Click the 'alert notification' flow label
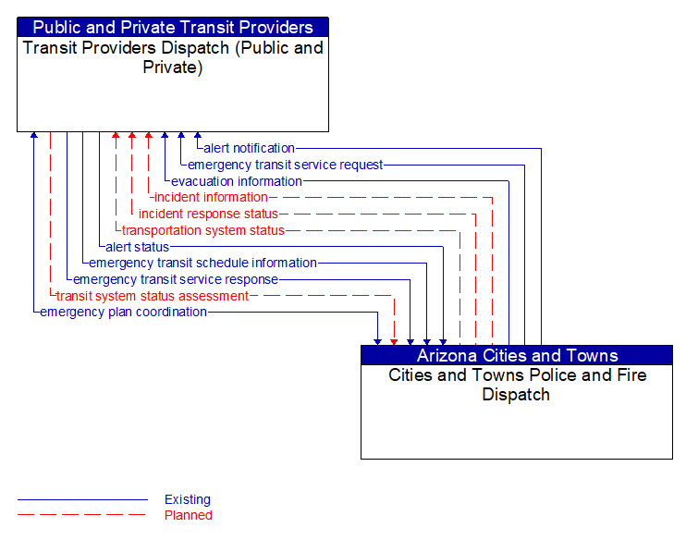coord(249,148)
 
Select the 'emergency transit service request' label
coord(285,165)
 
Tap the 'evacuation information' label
coord(237,181)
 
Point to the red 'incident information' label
coord(211,197)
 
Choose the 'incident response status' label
coord(208,214)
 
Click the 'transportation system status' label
coord(203,230)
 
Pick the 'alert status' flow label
coord(137,247)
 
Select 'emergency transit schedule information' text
coord(202,263)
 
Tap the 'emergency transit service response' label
coord(176,279)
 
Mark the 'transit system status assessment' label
coord(153,296)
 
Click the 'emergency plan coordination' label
coord(123,312)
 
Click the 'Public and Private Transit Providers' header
coord(173,27)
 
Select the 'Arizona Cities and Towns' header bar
coord(517,355)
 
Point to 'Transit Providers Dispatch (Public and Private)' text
coord(173,56)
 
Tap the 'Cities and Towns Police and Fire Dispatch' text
coord(517,385)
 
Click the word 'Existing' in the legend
coord(188,499)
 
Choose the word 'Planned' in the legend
coord(189,515)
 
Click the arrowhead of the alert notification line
coord(198,136)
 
